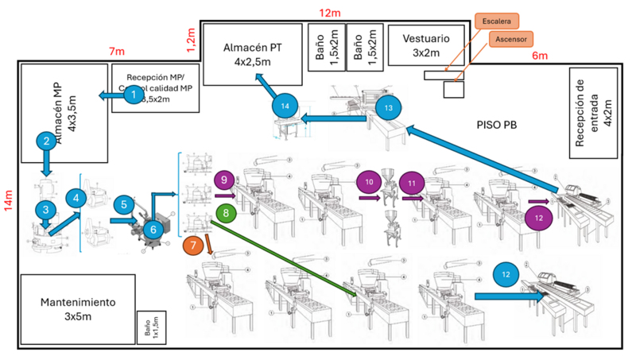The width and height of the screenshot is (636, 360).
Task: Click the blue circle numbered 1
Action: point(134,95)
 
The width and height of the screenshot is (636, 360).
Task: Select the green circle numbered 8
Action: point(226,213)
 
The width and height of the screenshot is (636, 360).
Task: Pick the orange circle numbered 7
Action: point(195,246)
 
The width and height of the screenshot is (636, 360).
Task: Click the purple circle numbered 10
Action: point(369,182)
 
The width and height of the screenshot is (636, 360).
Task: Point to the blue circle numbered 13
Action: point(389,108)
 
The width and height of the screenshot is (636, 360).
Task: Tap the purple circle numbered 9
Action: point(225,181)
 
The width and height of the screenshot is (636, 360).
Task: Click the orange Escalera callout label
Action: point(499,20)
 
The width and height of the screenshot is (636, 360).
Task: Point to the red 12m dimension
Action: point(330,12)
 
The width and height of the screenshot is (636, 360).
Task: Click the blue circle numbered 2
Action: point(47,141)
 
